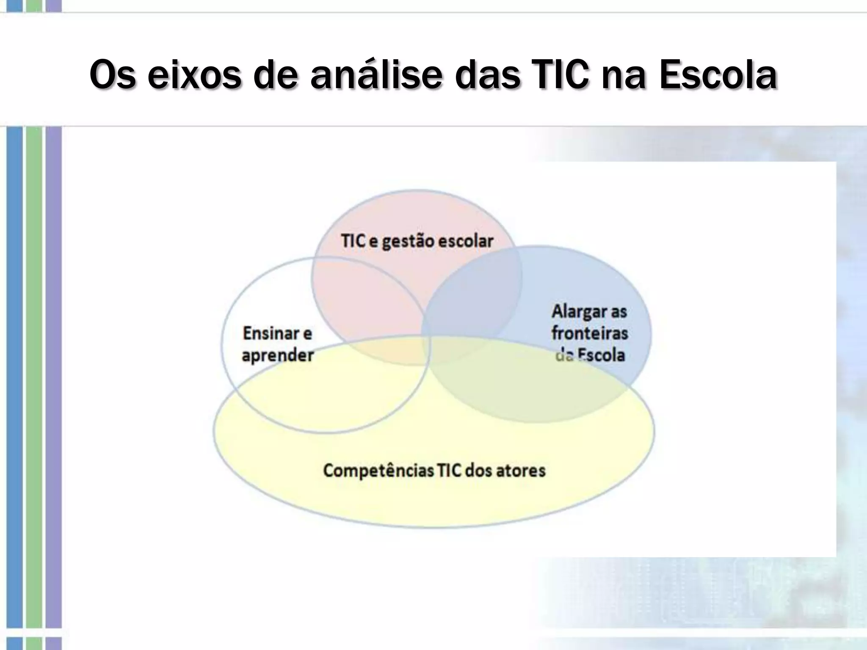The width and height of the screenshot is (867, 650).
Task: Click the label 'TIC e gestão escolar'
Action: pyautogui.click(x=417, y=241)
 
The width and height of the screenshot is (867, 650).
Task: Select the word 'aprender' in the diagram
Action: pyautogui.click(x=278, y=355)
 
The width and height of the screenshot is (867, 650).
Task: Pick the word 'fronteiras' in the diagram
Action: pyautogui.click(x=590, y=333)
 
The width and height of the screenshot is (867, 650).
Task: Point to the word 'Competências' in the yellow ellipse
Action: pyautogui.click(x=378, y=471)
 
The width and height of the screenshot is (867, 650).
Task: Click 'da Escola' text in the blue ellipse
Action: pyautogui.click(x=590, y=355)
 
